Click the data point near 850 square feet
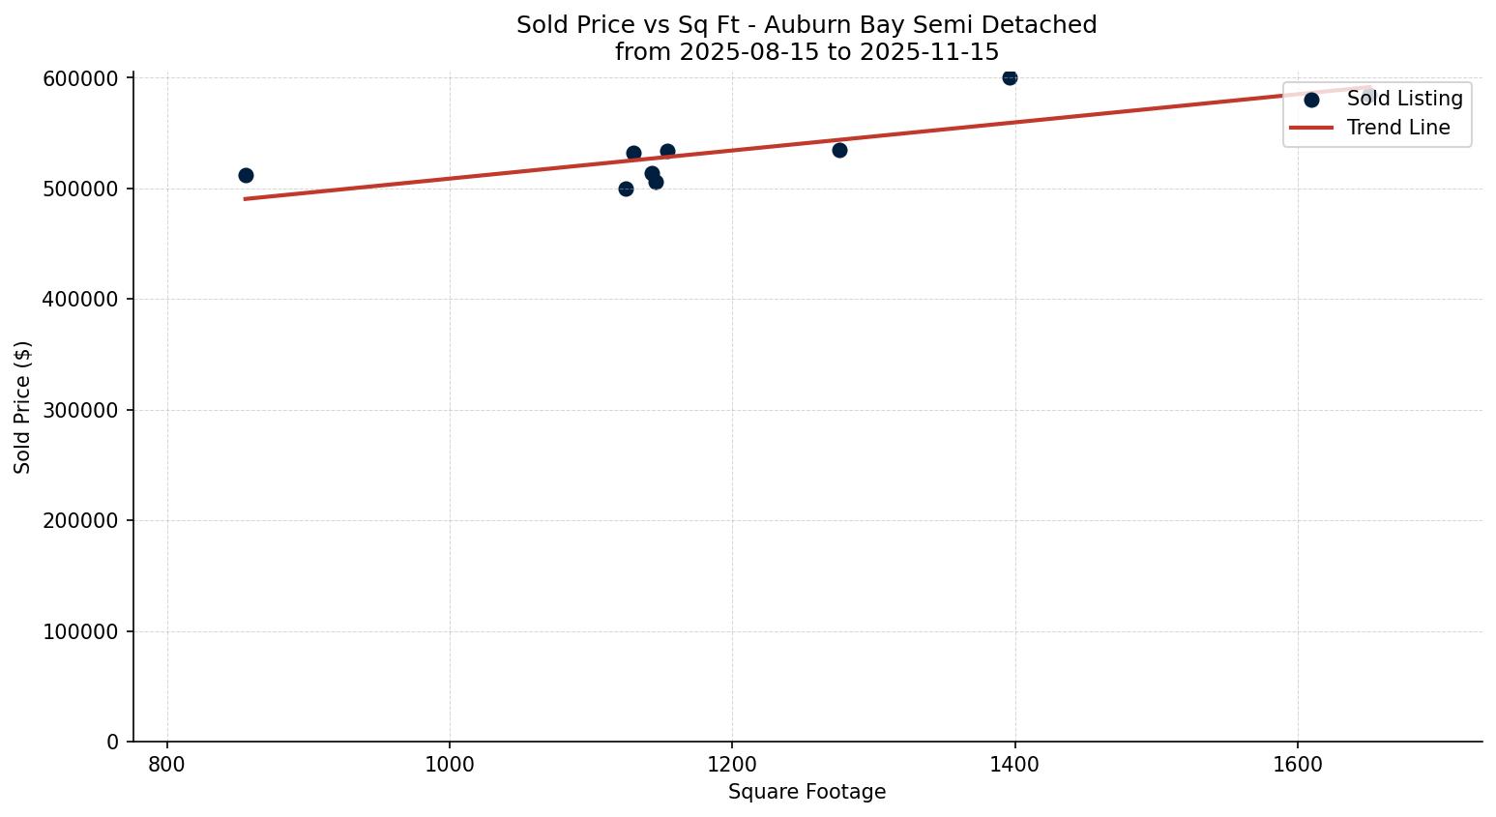[x=246, y=175]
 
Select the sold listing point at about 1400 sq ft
[x=1010, y=77]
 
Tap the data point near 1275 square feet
[x=839, y=150]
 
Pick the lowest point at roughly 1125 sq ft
[x=626, y=189]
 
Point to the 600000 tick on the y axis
[x=80, y=78]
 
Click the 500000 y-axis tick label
[x=80, y=189]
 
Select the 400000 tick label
[x=80, y=300]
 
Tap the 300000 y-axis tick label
[x=80, y=410]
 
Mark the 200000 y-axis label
[x=80, y=521]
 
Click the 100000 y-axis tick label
[x=80, y=631]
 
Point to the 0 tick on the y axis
[x=113, y=743]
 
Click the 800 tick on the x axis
[x=167, y=765]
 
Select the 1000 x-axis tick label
[x=450, y=765]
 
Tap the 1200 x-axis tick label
[x=732, y=765]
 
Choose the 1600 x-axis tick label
[x=1297, y=765]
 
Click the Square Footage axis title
[x=807, y=793]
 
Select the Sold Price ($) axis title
[x=23, y=407]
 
